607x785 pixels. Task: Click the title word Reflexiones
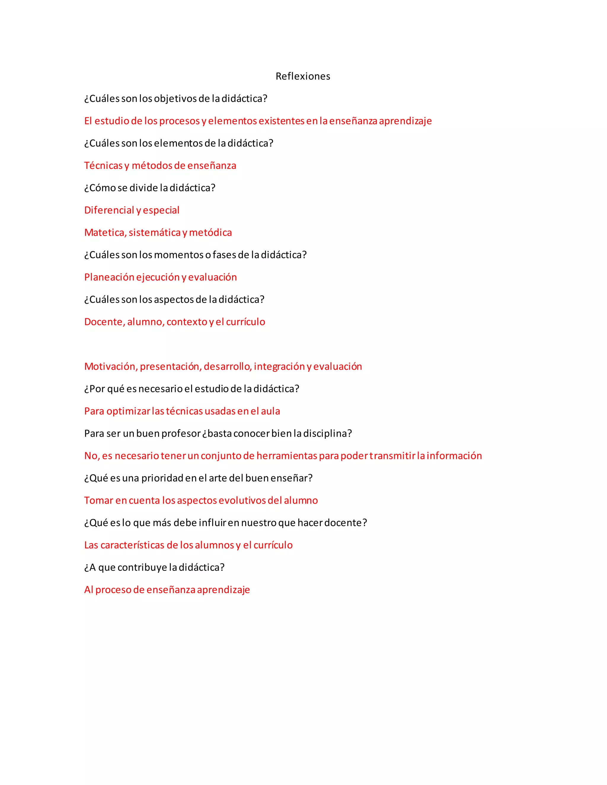tap(303, 76)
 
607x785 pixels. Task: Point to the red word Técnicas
tap(103, 166)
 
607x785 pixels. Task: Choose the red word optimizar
tap(128, 411)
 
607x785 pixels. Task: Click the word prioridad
tap(162, 478)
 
